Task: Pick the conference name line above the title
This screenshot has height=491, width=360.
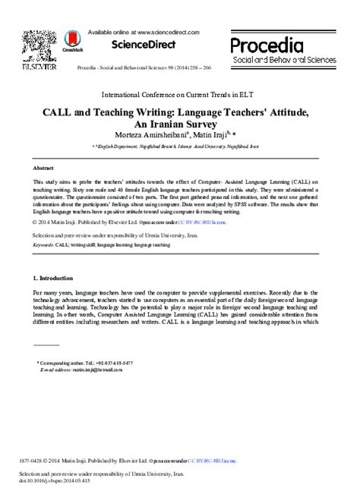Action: pyautogui.click(x=180, y=97)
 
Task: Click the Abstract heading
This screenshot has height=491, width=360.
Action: pyautogui.click(x=43, y=167)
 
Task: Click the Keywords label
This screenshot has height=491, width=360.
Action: pyautogui.click(x=43, y=247)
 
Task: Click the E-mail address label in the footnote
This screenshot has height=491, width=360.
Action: pyautogui.click(x=58, y=370)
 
